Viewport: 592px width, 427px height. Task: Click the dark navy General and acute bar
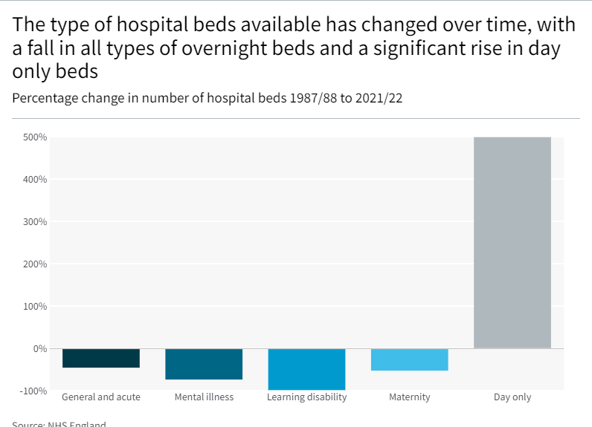[x=101, y=358]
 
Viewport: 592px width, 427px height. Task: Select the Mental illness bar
[x=204, y=364]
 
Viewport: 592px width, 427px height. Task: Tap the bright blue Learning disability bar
[x=306, y=369]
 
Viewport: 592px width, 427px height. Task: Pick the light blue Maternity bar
[x=409, y=359]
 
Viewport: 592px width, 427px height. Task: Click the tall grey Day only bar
[x=512, y=243]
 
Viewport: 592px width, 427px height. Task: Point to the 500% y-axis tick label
[x=35, y=137]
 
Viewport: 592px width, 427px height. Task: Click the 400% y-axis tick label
[x=35, y=180]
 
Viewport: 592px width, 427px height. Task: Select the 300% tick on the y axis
[x=35, y=222]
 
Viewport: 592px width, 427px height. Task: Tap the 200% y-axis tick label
[x=35, y=264]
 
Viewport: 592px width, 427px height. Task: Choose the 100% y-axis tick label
[x=35, y=307]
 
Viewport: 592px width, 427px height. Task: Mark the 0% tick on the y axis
[x=39, y=349]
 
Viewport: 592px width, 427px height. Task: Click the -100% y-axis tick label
[x=33, y=391]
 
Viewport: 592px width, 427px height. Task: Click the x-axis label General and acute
[x=101, y=397]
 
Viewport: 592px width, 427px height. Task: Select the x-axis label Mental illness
[x=204, y=397]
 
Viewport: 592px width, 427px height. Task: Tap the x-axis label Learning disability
[x=306, y=397]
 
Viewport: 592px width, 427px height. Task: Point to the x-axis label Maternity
[x=409, y=397]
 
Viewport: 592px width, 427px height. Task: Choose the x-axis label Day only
[x=512, y=397]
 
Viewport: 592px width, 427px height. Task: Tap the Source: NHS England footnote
[x=59, y=424]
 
